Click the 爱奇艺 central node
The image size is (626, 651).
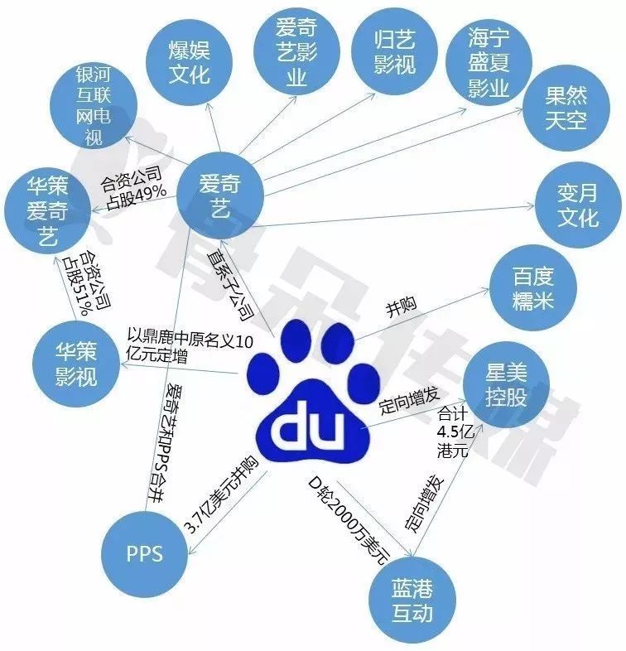220,195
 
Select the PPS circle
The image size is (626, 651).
144,554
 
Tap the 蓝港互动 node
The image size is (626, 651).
412,600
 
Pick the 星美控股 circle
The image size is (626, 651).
507,385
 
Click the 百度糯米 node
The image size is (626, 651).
533,287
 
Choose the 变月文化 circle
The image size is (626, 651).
578,205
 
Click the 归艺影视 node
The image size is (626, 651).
394,52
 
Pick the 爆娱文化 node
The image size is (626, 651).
189,62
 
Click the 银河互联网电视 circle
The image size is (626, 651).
94,105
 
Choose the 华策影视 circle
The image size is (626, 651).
76,364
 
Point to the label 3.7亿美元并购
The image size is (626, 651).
220,495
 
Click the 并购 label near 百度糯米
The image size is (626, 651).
401,306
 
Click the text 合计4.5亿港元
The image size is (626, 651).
455,432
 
